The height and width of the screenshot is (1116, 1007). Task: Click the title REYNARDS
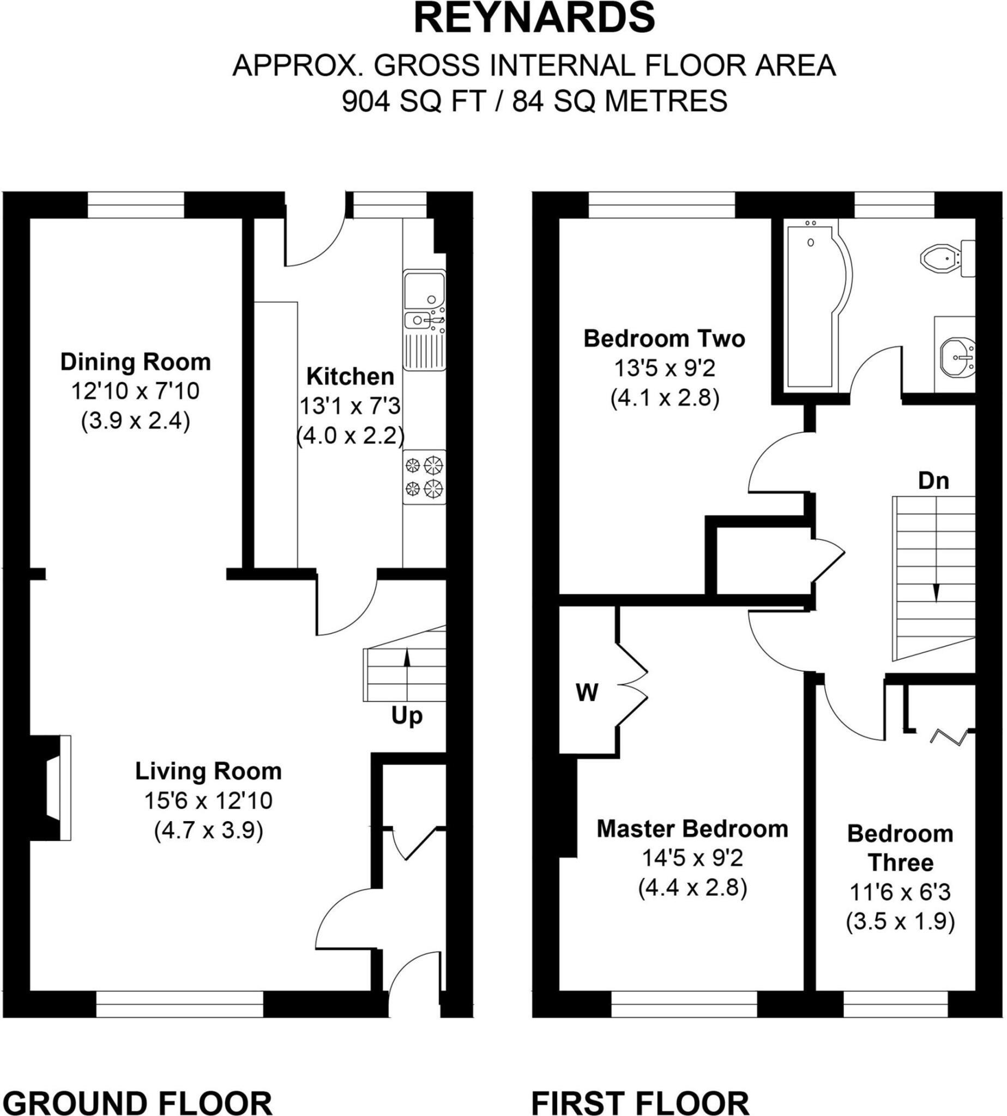534,18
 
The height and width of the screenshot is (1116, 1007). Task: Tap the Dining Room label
136,362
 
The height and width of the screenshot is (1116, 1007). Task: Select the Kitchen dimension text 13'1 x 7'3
349,406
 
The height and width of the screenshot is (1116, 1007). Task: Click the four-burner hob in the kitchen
424,477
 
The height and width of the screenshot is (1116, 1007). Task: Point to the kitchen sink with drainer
424,320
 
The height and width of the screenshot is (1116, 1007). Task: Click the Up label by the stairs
407,715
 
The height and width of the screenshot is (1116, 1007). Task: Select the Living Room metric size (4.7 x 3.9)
209,830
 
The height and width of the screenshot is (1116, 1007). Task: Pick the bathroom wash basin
956,357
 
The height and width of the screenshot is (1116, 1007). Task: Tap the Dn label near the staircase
933,481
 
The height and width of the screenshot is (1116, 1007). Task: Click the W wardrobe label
587,693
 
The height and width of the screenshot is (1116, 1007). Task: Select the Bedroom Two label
665,338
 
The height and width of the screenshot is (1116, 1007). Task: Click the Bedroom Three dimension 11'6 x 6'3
900,892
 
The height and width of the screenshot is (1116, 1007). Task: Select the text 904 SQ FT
414,101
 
